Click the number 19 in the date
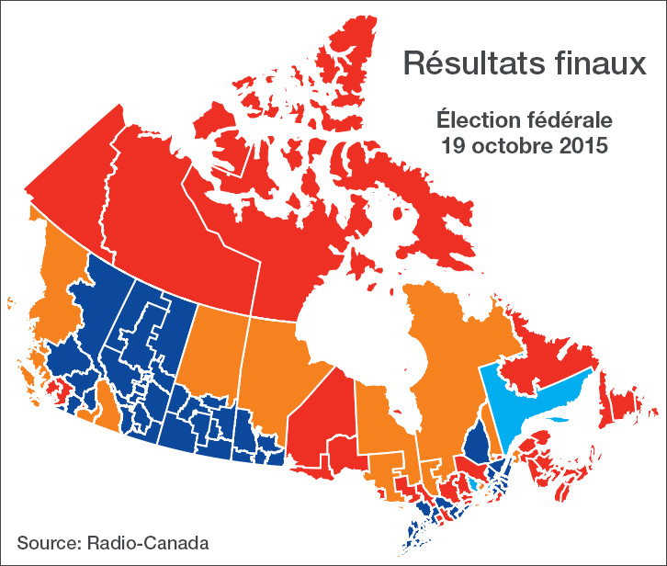click(451, 145)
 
